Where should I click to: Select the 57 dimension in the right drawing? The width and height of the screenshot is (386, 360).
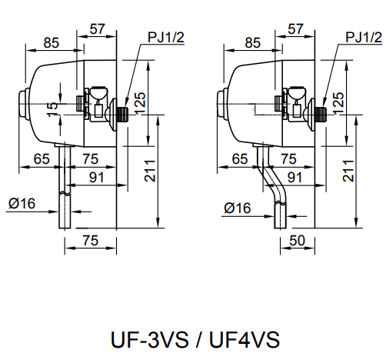295,29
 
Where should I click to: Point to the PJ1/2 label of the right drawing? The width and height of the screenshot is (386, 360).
364,37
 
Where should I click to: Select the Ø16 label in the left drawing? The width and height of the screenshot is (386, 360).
23,203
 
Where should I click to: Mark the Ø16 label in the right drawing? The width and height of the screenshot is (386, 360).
238,208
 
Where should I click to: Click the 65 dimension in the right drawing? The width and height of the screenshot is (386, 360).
240,159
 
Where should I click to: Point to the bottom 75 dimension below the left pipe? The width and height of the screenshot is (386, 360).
90,242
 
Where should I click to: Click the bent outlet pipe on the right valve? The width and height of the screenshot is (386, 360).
273,188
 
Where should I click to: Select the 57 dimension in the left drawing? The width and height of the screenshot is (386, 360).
98,29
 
